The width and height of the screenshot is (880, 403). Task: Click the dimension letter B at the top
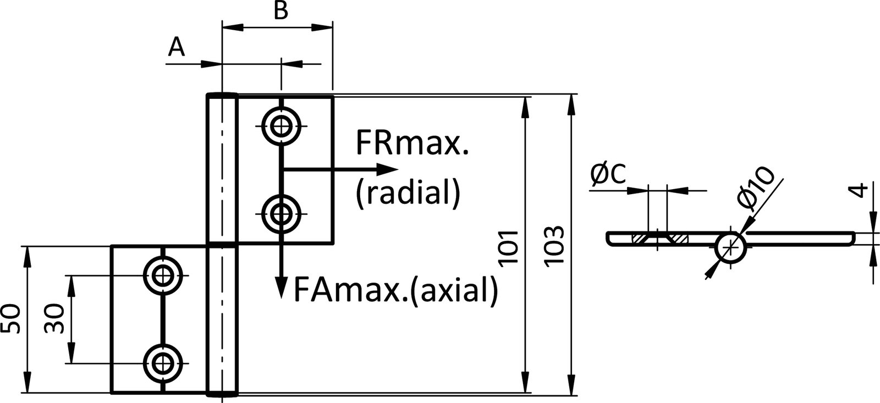click(280, 11)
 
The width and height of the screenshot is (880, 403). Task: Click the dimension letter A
click(176, 48)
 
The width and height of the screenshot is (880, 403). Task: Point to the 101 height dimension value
click(509, 248)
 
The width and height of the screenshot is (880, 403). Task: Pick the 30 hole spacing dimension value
click(54, 320)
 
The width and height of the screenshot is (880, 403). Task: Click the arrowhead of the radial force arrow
click(388, 169)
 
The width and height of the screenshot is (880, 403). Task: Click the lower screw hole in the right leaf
click(282, 213)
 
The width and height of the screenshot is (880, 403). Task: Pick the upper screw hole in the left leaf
click(163, 275)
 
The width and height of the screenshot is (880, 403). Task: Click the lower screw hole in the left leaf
click(163, 363)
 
